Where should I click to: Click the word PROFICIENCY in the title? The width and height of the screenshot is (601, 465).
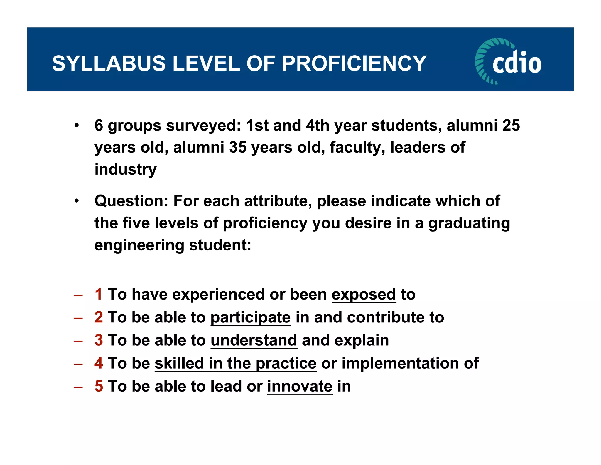(354, 63)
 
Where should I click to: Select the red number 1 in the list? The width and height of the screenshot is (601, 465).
(99, 294)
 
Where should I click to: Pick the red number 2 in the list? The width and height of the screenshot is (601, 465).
(99, 317)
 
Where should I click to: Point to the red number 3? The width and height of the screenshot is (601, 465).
(99, 340)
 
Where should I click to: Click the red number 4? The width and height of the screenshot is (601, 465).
(99, 363)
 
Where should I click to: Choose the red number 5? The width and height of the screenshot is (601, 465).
(99, 386)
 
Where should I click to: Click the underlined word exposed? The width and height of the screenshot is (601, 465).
(364, 294)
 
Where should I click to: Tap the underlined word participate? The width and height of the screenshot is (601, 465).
(251, 317)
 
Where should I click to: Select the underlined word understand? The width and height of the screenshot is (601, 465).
(254, 340)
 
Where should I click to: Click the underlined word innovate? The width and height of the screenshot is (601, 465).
(300, 386)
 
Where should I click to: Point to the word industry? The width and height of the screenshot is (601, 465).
(126, 169)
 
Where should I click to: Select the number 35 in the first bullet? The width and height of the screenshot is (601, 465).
(238, 147)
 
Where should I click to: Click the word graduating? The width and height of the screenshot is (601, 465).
(469, 223)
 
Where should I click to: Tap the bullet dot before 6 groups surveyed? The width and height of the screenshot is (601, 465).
(77, 126)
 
